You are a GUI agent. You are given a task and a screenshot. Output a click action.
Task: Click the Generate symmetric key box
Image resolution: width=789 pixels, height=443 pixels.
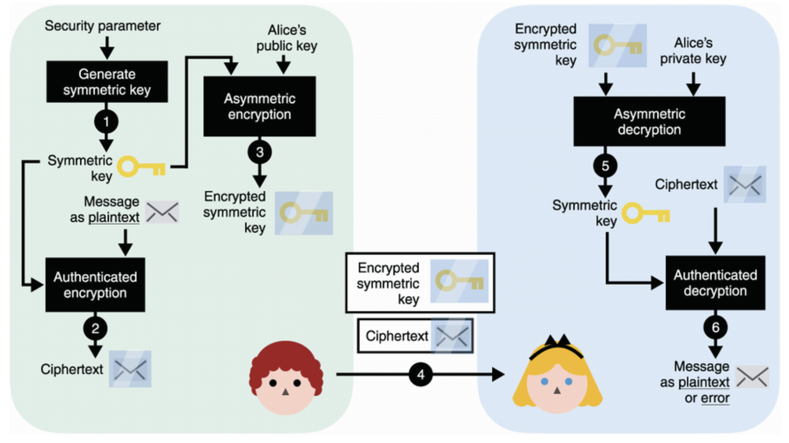(107, 82)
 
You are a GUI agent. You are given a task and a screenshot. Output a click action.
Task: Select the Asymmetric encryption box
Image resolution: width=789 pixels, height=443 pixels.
(260, 106)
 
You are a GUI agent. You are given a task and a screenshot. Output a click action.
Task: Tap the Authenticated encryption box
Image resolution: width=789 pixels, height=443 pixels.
(95, 285)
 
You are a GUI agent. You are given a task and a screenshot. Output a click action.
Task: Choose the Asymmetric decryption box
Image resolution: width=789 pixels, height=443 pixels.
(649, 122)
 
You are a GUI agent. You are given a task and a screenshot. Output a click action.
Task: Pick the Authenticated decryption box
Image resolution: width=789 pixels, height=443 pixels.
(715, 283)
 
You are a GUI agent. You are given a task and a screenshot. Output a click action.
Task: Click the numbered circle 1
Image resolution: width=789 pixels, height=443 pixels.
(106, 122)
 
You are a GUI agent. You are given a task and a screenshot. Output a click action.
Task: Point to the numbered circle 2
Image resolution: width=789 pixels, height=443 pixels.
(95, 329)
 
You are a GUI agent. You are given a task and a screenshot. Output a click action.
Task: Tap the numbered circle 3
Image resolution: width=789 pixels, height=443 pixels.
(260, 152)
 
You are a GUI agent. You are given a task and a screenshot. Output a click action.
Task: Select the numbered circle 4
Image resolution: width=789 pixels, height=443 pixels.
(421, 374)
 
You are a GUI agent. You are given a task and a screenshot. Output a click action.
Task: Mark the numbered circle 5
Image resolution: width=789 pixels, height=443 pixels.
(605, 166)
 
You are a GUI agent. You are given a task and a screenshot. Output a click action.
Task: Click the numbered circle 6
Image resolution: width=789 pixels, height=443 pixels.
(715, 328)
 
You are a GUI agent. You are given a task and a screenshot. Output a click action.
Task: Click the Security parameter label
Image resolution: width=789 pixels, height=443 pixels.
(102, 26)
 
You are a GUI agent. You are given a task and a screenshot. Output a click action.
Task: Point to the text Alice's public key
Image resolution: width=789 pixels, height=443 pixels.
(287, 38)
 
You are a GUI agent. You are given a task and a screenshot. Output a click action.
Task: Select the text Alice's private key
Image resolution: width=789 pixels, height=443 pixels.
(693, 51)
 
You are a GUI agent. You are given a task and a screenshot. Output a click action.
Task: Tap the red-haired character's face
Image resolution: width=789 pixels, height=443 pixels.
(285, 386)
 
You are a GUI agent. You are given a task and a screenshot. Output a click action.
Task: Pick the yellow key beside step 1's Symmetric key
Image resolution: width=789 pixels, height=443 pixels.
(142, 166)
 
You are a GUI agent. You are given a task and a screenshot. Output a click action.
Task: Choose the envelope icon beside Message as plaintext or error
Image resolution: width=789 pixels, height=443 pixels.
(752, 377)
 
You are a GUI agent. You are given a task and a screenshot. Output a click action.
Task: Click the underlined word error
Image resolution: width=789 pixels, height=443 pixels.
(715, 398)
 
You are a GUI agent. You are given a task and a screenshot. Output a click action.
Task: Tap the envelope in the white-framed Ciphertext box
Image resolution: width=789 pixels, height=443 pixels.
(452, 336)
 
